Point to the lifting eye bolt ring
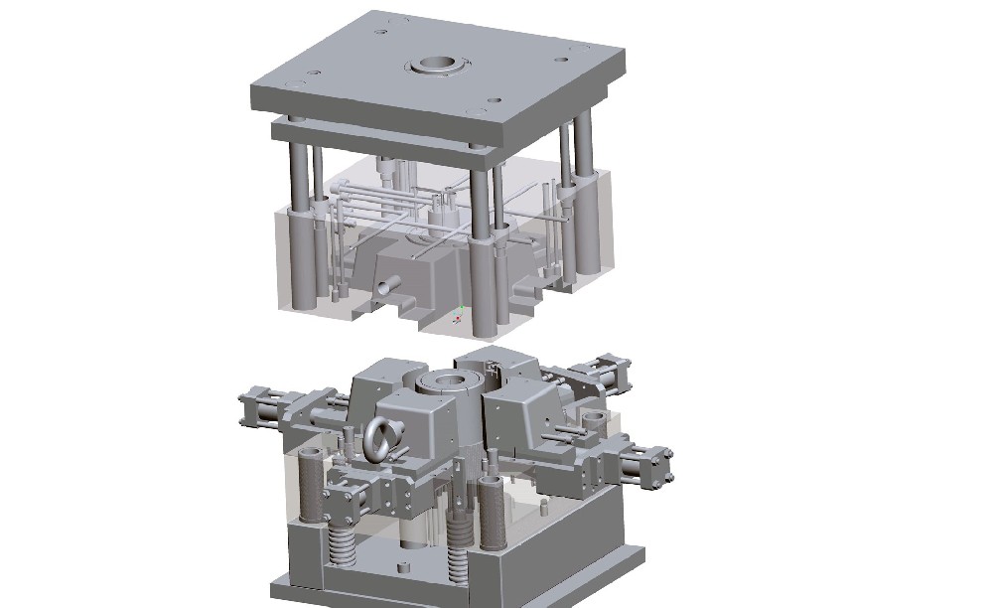pyautogui.click(x=381, y=438)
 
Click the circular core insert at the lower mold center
pyautogui.click(x=442, y=381)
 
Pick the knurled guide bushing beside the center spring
pyautogui.click(x=491, y=507)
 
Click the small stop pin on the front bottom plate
pyautogui.click(x=403, y=567)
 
